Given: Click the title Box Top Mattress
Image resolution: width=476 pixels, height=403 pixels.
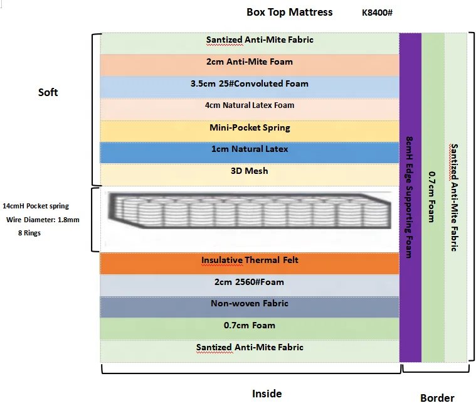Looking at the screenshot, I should pyautogui.click(x=290, y=12).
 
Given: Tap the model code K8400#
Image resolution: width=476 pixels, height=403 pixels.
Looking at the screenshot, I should pyautogui.click(x=377, y=13).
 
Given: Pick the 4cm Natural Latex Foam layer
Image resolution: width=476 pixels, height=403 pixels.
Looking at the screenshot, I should pyautogui.click(x=250, y=106).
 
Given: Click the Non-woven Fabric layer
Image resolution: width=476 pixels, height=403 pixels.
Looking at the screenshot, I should pyautogui.click(x=250, y=304).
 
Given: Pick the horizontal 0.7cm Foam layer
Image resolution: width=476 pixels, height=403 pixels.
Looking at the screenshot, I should pyautogui.click(x=250, y=326).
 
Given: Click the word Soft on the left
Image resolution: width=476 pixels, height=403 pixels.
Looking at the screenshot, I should pyautogui.click(x=48, y=92).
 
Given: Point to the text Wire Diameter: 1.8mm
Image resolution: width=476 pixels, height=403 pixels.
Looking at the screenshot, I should pyautogui.click(x=43, y=220).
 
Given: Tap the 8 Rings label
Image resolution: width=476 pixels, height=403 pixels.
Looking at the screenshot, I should pyautogui.click(x=30, y=233).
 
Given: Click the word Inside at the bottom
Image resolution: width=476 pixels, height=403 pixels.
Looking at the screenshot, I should pyautogui.click(x=267, y=394).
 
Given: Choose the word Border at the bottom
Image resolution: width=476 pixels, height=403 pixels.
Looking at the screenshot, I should pyautogui.click(x=436, y=397).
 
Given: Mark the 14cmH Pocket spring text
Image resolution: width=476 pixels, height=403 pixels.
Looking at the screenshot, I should pyautogui.click(x=36, y=206).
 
